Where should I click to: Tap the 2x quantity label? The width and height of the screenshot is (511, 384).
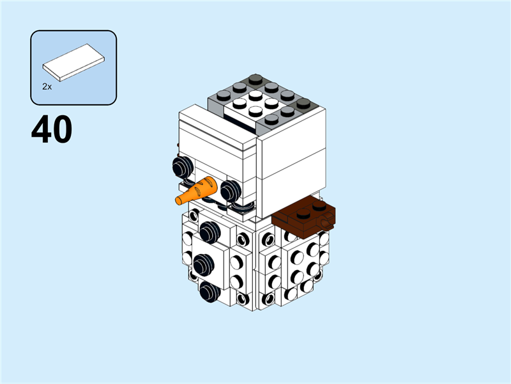47,85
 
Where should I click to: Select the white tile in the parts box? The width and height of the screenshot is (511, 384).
73,63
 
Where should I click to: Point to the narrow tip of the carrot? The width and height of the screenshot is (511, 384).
179,200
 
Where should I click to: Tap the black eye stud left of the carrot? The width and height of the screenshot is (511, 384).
181,167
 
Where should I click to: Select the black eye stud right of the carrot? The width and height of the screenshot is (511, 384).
229,189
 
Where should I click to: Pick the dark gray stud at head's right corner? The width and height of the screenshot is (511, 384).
303,102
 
